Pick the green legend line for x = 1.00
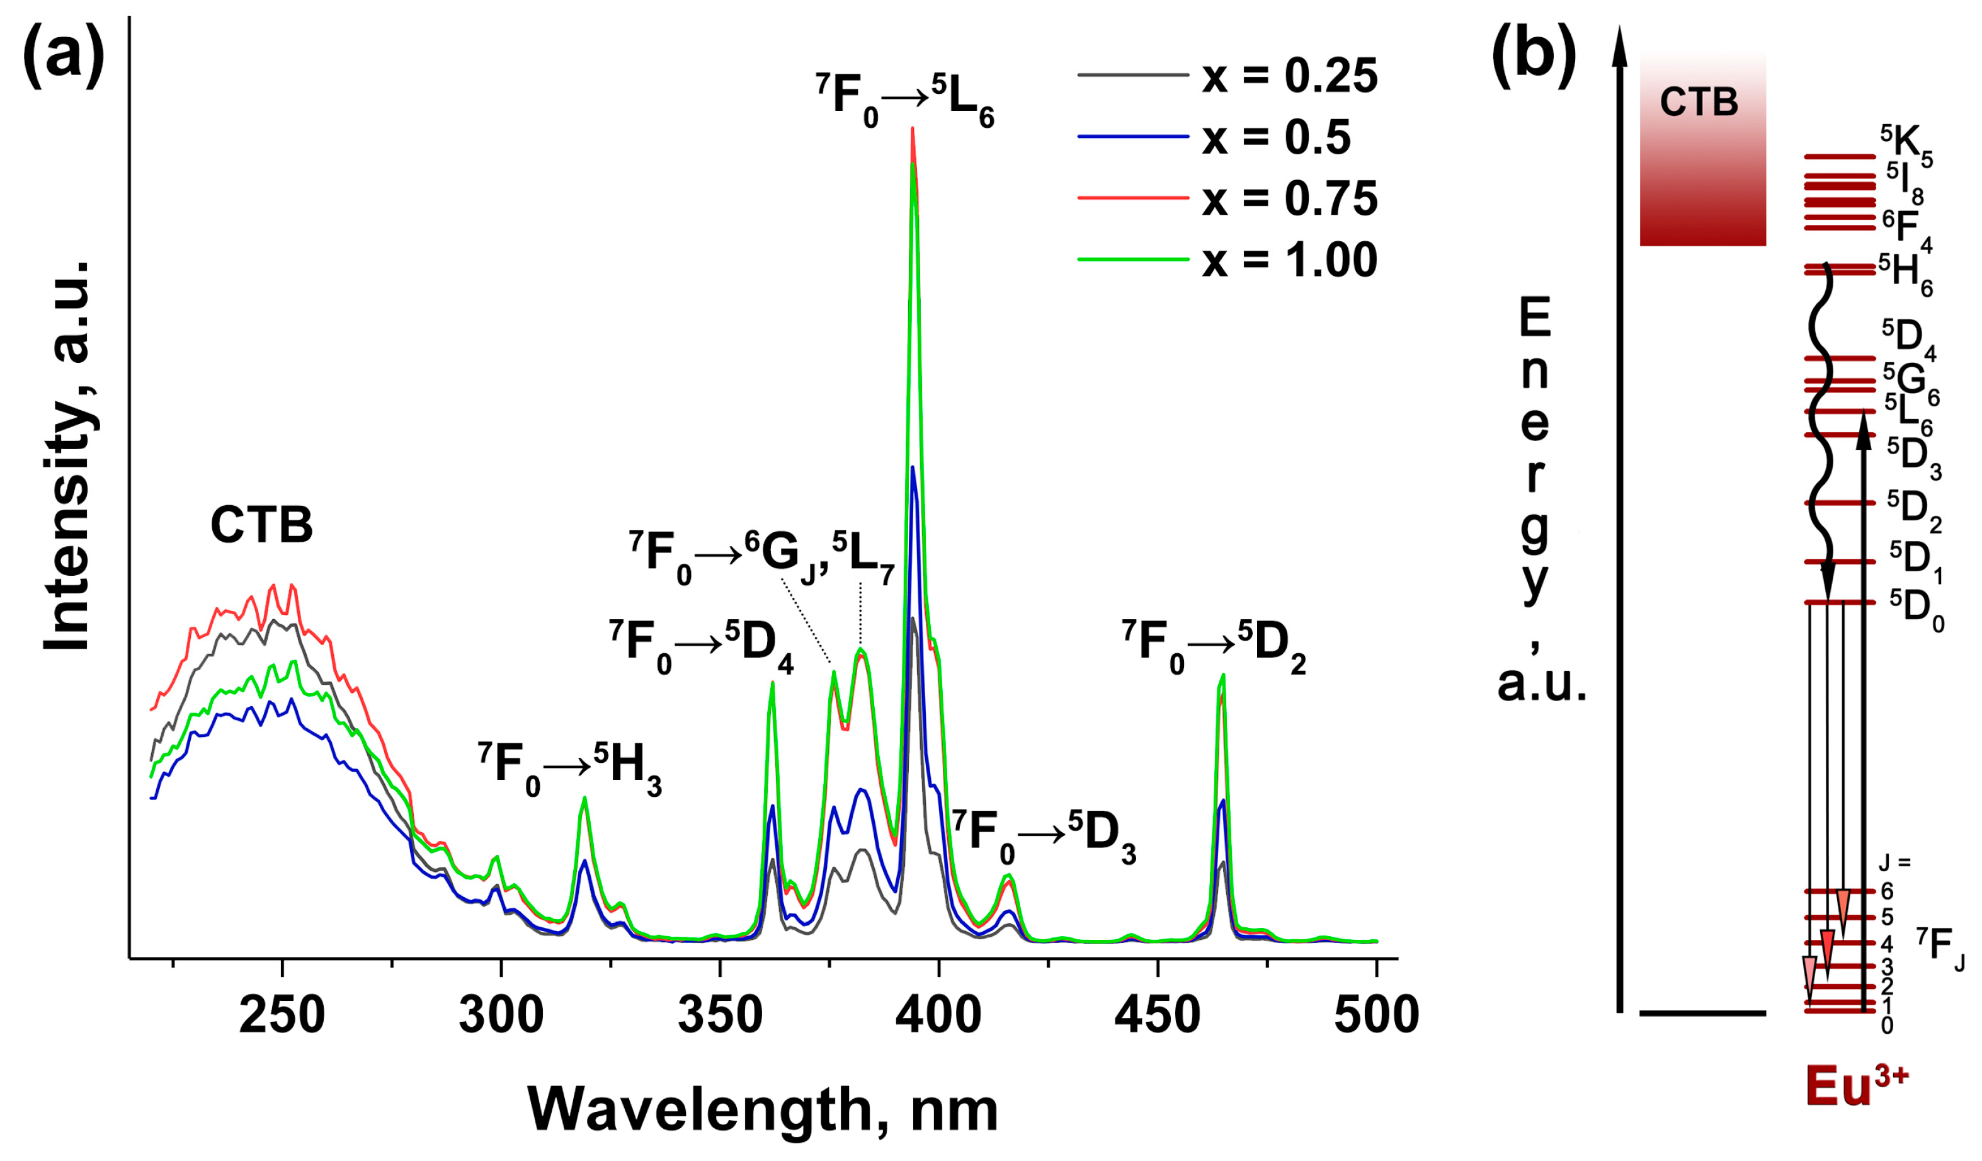pyautogui.click(x=1132, y=259)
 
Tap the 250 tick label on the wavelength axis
pyautogui.click(x=282, y=1015)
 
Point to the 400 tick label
pyautogui.click(x=938, y=1015)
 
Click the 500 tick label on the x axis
pyautogui.click(x=1376, y=1015)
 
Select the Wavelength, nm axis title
pyautogui.click(x=762, y=1109)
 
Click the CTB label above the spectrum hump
pyautogui.click(x=261, y=525)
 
